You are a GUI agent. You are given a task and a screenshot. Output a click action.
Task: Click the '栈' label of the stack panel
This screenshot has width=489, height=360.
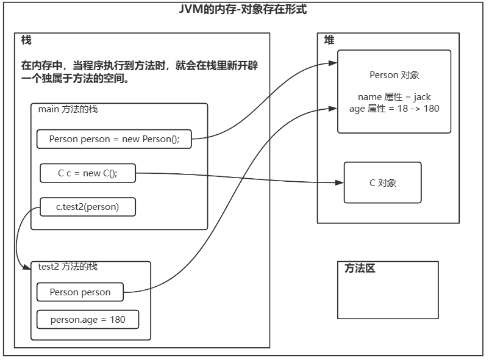click(26, 40)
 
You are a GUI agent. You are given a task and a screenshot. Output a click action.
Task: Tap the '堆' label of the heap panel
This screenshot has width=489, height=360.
click(329, 40)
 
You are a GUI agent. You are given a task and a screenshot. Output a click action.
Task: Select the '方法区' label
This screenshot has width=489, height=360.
click(360, 268)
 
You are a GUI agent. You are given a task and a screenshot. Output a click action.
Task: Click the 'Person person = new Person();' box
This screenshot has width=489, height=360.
click(114, 139)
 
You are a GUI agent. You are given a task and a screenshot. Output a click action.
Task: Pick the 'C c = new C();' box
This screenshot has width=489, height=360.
click(88, 173)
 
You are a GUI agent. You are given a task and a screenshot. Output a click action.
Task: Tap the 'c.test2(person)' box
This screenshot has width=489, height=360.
click(88, 207)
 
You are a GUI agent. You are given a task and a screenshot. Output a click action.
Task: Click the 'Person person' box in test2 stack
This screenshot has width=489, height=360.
click(80, 292)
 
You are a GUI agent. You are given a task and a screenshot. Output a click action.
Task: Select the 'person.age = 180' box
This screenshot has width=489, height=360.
click(88, 319)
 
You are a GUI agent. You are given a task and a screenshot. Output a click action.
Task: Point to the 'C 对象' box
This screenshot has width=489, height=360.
click(383, 182)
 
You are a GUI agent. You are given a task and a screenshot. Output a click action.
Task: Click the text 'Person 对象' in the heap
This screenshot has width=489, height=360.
click(394, 75)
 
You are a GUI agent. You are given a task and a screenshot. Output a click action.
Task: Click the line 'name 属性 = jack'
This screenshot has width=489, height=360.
click(394, 97)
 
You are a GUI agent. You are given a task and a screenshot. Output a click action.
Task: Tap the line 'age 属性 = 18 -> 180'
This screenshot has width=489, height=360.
click(394, 108)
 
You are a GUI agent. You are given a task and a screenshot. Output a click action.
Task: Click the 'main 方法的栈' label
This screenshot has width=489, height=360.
click(68, 109)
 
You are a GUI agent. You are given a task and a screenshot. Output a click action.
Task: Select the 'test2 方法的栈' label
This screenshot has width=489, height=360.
click(68, 267)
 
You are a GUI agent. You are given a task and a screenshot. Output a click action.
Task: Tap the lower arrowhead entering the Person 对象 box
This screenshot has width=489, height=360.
click(334, 108)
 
